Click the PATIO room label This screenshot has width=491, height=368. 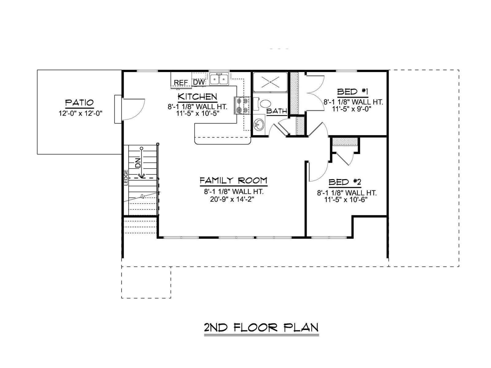[79, 103]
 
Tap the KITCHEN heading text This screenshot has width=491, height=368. [197, 97]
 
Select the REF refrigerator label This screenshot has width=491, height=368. [181, 82]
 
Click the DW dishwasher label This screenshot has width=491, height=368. [199, 82]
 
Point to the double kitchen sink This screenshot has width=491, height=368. [219, 79]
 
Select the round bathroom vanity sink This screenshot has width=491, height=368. [259, 124]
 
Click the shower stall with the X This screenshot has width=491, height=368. [270, 82]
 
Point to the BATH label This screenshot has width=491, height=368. [277, 111]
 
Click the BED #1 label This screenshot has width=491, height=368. [353, 92]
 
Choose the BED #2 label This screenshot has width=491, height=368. [345, 182]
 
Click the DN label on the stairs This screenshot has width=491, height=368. [138, 163]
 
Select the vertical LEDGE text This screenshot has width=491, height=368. [126, 178]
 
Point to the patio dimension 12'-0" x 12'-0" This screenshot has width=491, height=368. [80, 113]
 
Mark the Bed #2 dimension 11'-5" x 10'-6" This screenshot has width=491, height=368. [346, 200]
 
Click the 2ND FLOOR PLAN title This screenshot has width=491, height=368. [261, 328]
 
